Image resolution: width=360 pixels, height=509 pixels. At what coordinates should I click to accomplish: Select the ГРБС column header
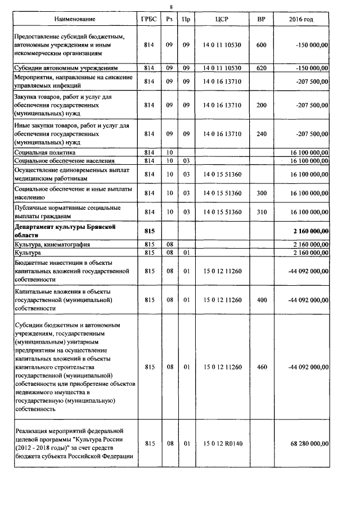click(149, 20)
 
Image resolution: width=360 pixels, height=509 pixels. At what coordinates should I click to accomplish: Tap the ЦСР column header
click(221, 20)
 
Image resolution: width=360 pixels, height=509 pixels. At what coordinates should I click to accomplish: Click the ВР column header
click(261, 20)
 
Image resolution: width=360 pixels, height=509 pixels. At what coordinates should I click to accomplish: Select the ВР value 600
click(261, 45)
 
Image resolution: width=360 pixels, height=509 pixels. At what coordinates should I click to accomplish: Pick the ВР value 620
click(261, 68)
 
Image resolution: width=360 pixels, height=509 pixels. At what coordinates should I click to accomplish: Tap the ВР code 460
click(261, 367)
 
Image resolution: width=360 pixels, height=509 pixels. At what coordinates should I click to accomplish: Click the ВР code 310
click(261, 212)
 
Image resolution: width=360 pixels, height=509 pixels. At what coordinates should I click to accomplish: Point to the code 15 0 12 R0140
click(222, 444)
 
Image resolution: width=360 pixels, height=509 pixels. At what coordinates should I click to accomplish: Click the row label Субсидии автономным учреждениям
click(66, 68)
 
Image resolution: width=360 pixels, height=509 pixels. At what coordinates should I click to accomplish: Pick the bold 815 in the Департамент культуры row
click(149, 231)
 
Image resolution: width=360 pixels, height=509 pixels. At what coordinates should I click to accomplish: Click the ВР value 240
click(261, 134)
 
